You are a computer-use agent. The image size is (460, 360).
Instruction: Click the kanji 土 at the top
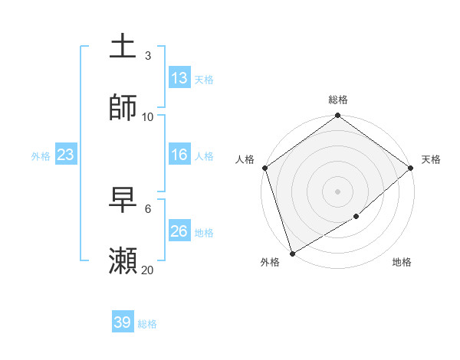click(123, 47)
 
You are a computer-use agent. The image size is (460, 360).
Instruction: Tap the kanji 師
click(123, 108)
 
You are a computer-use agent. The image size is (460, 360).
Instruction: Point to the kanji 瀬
click(123, 261)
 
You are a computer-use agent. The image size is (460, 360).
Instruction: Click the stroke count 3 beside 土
click(148, 55)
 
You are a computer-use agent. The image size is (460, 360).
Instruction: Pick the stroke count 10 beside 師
click(148, 116)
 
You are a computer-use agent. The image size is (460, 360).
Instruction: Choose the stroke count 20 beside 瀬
click(148, 270)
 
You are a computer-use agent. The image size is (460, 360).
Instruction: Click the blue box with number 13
click(179, 78)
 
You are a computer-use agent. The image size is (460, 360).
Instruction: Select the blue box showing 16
click(179, 155)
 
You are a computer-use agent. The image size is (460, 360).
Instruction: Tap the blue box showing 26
click(179, 231)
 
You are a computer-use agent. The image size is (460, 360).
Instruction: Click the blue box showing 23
click(66, 155)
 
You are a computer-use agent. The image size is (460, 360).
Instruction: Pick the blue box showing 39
click(123, 322)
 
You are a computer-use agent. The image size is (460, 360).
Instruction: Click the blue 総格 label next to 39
click(147, 324)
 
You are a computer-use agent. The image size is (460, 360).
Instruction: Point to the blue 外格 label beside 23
click(41, 156)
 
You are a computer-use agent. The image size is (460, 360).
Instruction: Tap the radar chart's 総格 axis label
click(338, 100)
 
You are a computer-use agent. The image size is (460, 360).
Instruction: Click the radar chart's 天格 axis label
click(431, 159)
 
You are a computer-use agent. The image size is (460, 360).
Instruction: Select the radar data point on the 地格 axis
click(356, 217)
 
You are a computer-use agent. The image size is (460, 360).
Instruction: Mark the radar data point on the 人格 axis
click(264, 168)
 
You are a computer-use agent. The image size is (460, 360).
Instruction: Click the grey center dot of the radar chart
click(338, 191)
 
